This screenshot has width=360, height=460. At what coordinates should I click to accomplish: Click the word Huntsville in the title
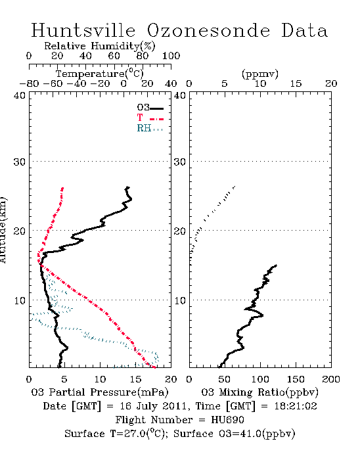click(83, 30)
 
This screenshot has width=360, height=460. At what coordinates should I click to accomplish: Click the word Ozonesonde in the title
click(208, 30)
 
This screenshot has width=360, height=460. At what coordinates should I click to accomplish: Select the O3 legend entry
click(150, 108)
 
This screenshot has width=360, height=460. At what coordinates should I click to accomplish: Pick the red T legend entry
click(150, 118)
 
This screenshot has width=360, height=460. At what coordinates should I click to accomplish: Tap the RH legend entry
click(150, 128)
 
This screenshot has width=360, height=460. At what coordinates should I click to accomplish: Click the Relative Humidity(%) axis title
click(100, 46)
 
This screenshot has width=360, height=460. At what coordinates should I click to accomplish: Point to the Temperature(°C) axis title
click(100, 74)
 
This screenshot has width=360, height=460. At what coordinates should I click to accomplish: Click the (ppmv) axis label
click(260, 74)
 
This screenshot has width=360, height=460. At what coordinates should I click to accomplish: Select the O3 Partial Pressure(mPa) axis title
click(100, 392)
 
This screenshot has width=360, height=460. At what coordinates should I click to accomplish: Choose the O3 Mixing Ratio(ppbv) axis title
click(259, 392)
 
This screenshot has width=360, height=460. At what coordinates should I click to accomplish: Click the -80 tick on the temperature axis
click(29, 84)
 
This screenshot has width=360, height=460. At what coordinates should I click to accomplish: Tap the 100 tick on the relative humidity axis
click(171, 56)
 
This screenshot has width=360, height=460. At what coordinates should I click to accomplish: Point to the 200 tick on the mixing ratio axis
click(331, 379)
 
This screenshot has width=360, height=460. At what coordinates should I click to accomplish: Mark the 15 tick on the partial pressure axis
click(135, 379)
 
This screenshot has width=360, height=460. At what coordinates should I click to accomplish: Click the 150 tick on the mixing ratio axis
click(296, 379)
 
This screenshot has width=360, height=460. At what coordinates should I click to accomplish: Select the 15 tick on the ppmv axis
click(296, 84)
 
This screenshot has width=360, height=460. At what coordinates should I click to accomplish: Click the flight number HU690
click(227, 420)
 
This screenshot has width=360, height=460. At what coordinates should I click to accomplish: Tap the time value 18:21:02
click(296, 406)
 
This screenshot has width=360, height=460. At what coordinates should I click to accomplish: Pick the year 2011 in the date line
click(175, 406)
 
